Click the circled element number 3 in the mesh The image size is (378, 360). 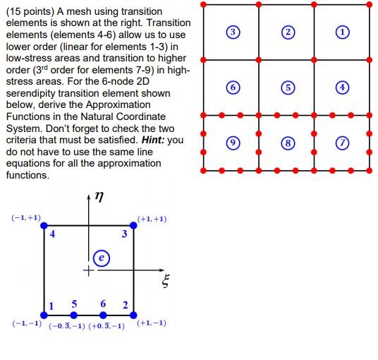231,32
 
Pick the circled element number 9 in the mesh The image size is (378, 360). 231,143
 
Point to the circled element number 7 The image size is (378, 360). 342,143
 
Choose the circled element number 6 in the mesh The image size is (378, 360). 231,88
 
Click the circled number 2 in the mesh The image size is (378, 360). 286,32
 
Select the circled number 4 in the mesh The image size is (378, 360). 342,88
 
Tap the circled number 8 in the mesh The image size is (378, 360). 286,143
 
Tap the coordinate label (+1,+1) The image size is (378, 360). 152,219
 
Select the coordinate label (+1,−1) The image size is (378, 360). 152,323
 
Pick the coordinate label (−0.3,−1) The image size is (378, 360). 67,325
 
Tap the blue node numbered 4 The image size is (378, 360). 44,225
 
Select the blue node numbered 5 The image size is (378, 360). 74,315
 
